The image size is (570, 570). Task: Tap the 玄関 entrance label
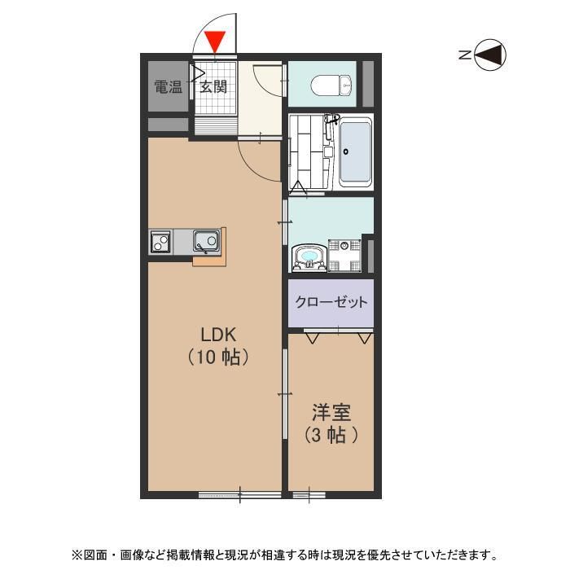coord(213,86)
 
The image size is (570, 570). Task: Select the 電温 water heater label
coord(169,86)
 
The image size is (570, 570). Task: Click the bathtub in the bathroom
coord(354,152)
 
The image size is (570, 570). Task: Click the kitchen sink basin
coord(205,242)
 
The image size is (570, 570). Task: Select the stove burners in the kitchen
coord(160,242)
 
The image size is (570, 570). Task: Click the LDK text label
coord(218,333)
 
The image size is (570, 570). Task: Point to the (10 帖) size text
coord(217,357)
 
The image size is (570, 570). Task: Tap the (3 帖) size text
coord(331,435)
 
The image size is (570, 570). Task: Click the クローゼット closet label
coord(331,301)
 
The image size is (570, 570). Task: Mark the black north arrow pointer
coord(490,55)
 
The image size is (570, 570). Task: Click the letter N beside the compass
coord(463,55)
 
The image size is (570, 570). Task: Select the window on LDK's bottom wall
coord(241,493)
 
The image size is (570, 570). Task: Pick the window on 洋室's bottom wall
coord(308,493)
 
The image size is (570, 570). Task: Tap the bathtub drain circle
coord(348,151)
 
